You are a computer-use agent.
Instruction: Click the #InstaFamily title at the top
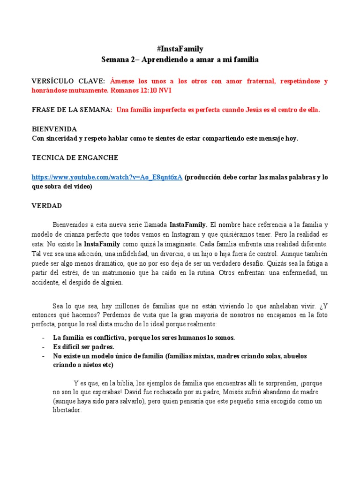click(x=180, y=49)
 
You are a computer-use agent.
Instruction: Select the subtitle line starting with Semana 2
click(x=180, y=60)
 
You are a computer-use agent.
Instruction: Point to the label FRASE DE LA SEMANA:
click(x=72, y=110)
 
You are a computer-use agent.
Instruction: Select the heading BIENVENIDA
click(x=54, y=129)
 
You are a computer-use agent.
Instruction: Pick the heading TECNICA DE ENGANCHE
click(x=75, y=157)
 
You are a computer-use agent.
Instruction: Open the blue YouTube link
click(x=107, y=177)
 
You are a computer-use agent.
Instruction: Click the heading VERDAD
click(x=46, y=206)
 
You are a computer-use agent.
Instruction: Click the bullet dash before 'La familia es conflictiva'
click(x=43, y=337)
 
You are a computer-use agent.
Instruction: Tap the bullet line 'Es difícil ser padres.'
click(x=84, y=347)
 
